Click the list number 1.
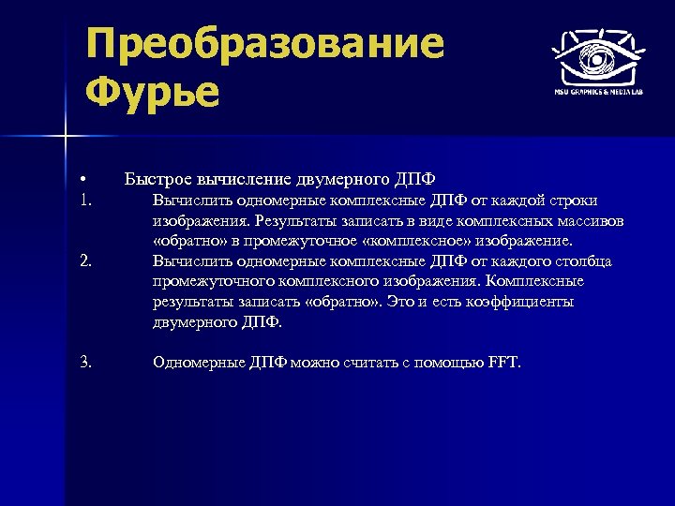[85, 200]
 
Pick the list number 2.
[85, 260]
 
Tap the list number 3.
[85, 362]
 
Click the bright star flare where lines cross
[66, 138]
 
